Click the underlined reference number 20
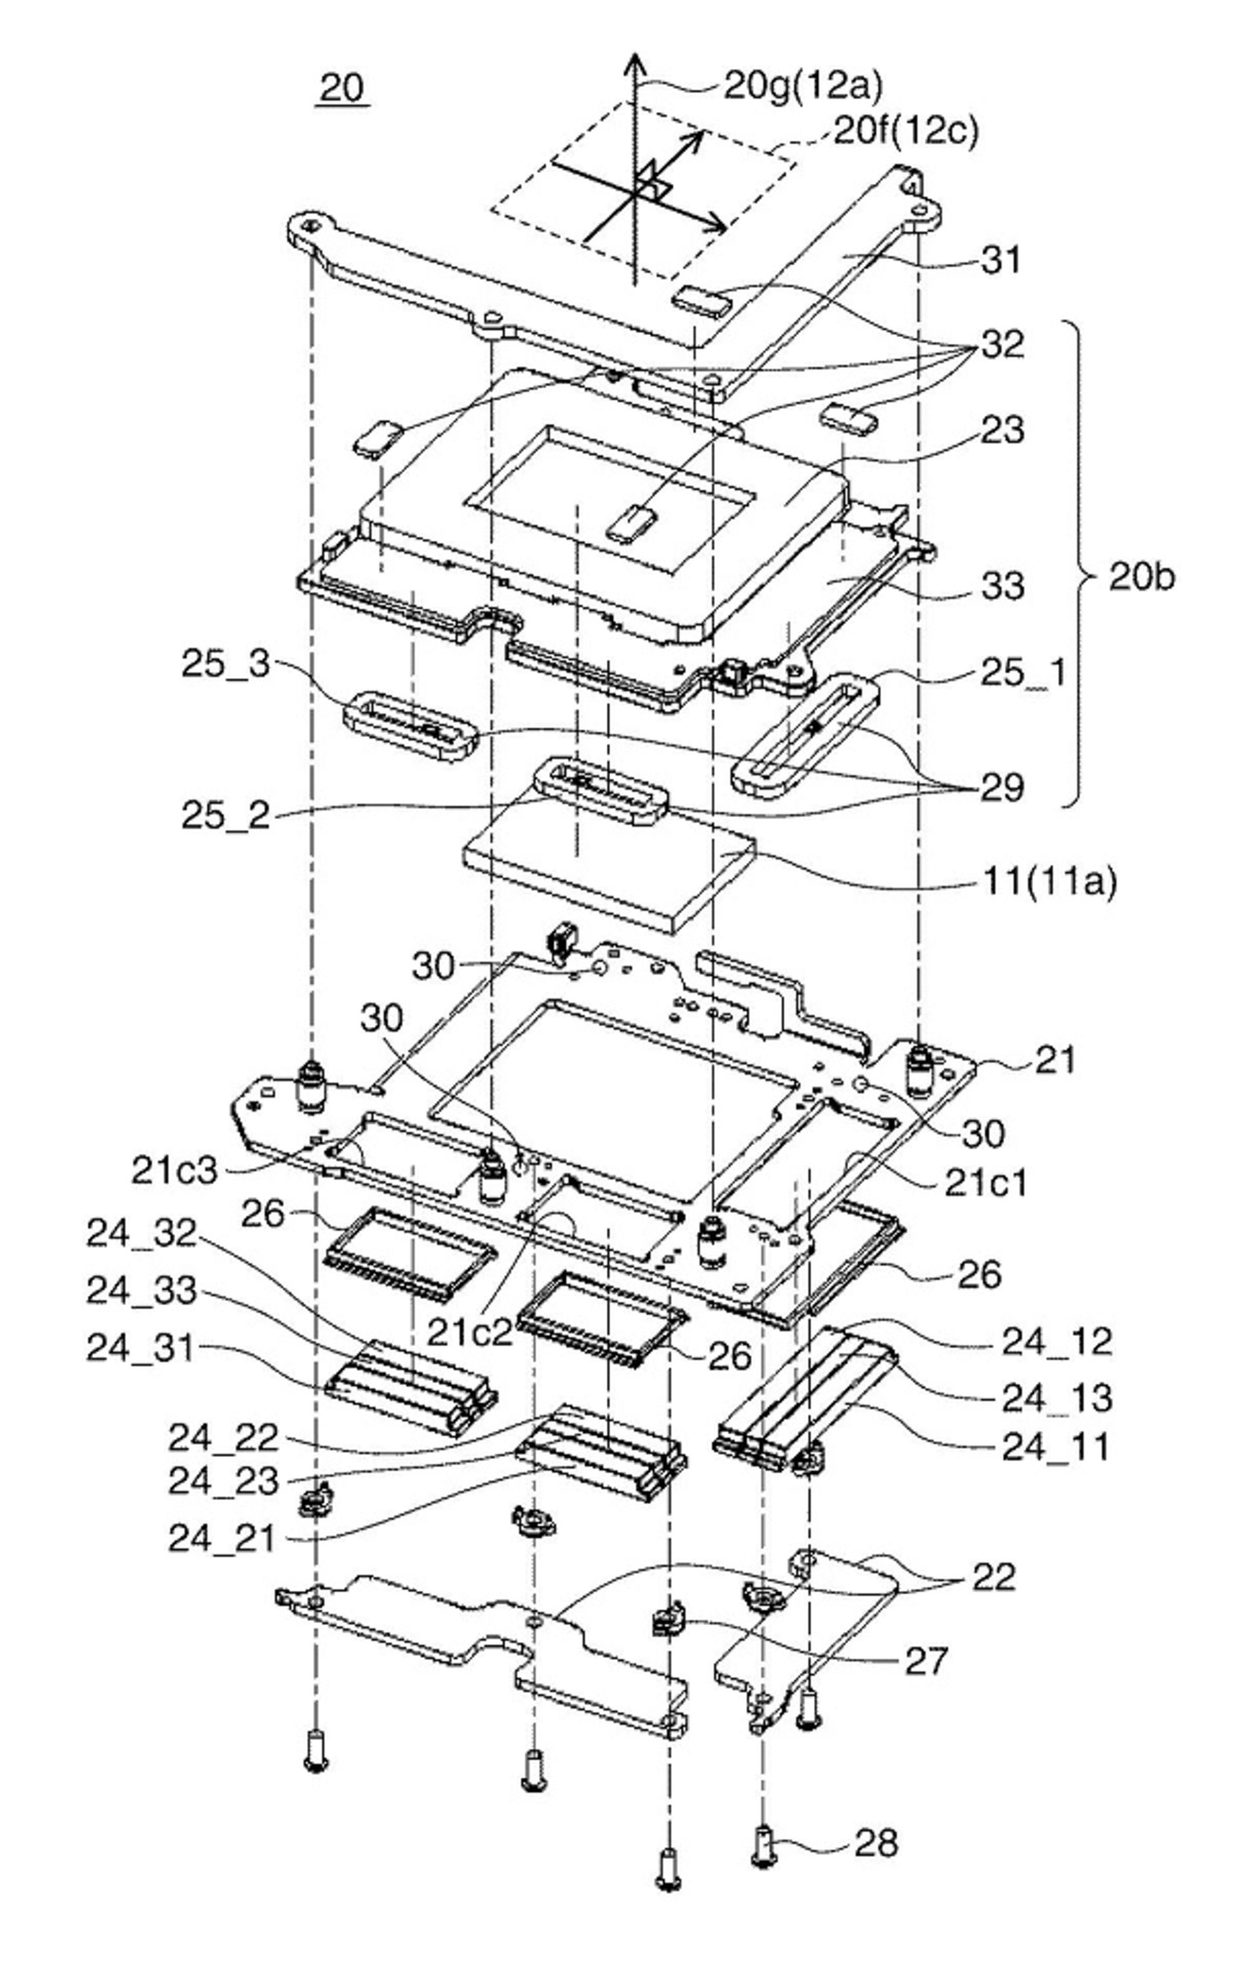pos(342,88)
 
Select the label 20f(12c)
pos(906,131)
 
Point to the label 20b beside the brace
pos(1141,577)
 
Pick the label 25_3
pos(225,664)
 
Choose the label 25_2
pos(225,816)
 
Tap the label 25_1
pos(1023,673)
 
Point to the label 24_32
pos(142,1234)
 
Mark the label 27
pos(925,1660)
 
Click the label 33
pos(1003,586)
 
